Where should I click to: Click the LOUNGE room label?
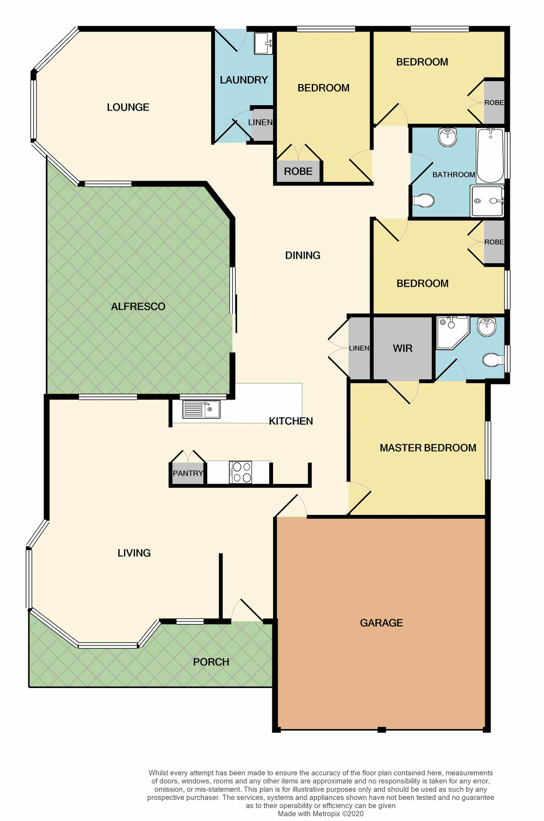pos(128,107)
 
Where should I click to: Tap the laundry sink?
pos(263,43)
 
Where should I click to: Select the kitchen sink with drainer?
pos(201,409)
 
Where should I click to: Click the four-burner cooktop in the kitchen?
pos(241,472)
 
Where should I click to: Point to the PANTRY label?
pos(188,473)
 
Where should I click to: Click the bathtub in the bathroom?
pos(490,156)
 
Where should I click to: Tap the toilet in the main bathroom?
pos(424,200)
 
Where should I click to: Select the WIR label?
pos(403,348)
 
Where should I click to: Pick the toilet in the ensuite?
pos(493,360)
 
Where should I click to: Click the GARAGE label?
pos(381,623)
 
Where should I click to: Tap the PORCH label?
pos(211,662)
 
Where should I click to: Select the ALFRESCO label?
pos(138,307)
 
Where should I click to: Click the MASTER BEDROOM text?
pos(428,448)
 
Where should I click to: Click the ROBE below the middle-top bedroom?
pos(298,171)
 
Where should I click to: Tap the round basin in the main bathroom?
pos(448,137)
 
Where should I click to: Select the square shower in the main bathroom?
pos(487,201)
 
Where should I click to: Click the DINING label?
pos(303,255)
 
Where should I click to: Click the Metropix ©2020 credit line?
pos(321,813)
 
